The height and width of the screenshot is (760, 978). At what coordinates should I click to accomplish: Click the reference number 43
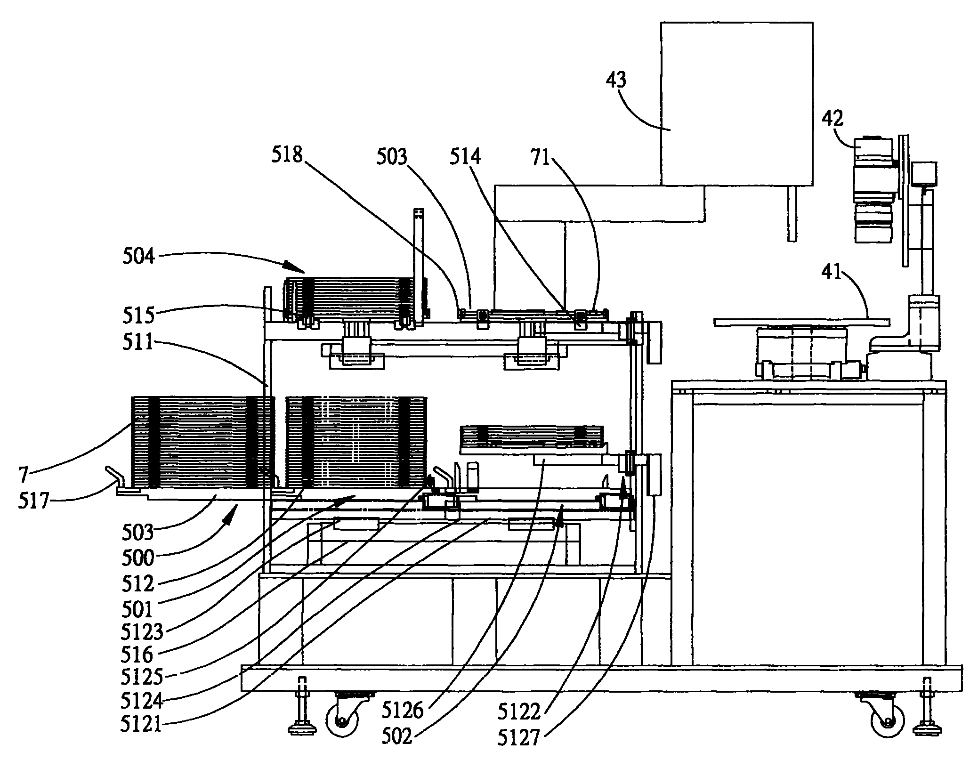click(615, 81)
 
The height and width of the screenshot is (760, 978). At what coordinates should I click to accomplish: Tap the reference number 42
click(833, 118)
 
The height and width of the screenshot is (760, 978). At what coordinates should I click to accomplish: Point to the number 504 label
click(138, 257)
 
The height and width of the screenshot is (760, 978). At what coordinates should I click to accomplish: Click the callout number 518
click(286, 155)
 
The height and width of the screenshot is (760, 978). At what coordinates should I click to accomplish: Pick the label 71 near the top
click(541, 157)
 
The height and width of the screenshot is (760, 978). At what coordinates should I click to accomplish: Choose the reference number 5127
click(518, 737)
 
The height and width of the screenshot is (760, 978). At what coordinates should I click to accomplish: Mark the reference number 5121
click(141, 724)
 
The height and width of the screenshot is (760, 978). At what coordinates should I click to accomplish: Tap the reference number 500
click(138, 558)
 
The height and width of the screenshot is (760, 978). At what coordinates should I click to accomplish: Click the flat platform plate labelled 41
click(800, 322)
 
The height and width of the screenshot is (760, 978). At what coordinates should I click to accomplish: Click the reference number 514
click(465, 157)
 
